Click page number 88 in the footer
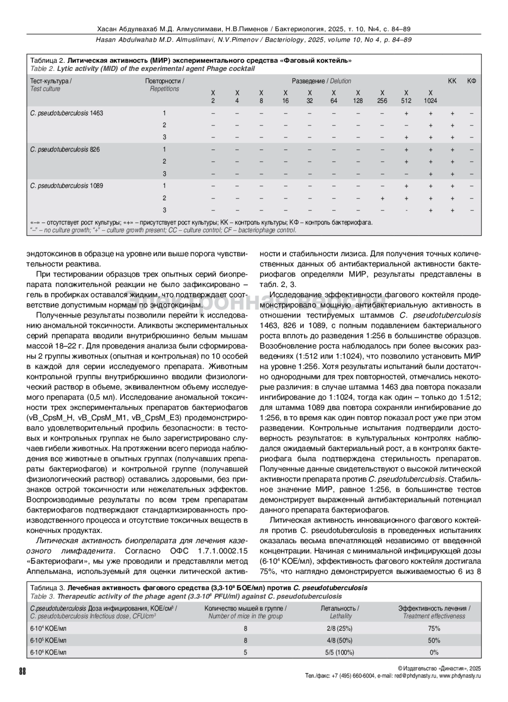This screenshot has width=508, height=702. tap(22, 671)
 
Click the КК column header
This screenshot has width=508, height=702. tap(452, 81)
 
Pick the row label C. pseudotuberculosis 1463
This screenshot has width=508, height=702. tap(66, 113)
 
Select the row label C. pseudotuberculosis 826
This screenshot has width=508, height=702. tap(65, 150)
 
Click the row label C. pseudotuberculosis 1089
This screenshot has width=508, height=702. tap(66, 186)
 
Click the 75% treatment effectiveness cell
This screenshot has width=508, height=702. tap(434, 629)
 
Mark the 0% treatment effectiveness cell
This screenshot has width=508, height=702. tap(434, 652)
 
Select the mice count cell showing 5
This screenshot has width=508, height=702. tap(246, 652)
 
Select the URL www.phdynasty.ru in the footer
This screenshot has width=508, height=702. tap(460, 676)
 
